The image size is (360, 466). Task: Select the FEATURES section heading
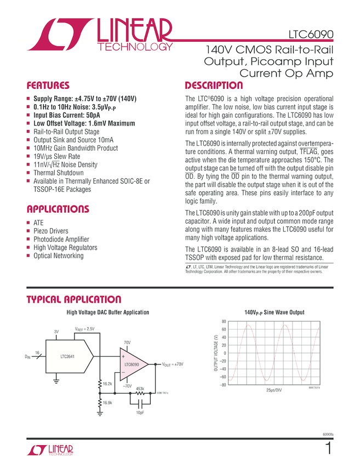coord(48,86)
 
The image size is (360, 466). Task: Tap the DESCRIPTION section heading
coord(214,86)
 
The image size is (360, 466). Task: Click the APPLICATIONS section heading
coord(58,209)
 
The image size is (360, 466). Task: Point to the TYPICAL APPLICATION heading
coord(74,299)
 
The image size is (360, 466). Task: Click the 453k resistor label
coord(140,389)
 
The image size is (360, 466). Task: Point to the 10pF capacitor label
coord(140,412)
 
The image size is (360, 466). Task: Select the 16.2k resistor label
coord(107,384)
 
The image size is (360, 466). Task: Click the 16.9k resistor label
coord(107,403)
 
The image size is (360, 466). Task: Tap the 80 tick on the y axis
coord(224,321)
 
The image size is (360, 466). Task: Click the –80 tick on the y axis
coord(222,385)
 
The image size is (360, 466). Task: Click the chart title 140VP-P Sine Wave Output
coord(274,312)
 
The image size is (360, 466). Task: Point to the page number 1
coord(328,449)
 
